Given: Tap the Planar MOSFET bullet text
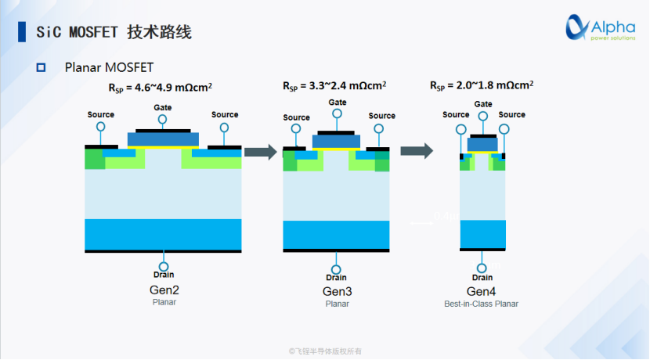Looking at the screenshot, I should [109, 68].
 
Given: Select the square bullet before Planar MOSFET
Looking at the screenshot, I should [42, 68].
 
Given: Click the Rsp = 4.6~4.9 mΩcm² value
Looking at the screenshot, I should [162, 88].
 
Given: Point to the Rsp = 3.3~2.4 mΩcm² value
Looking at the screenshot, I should [334, 85].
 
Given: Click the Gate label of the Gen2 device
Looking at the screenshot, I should [163, 108].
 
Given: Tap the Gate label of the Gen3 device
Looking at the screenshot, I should [338, 103].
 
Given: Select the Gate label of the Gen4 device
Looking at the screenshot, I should [483, 104].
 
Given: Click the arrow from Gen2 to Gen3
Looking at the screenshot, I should [261, 151].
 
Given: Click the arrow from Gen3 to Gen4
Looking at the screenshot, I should [417, 151].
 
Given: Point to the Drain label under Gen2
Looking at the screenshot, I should [164, 275].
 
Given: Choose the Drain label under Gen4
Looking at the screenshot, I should [482, 278].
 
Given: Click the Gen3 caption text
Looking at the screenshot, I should [338, 292].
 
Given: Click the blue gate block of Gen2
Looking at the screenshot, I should [163, 139].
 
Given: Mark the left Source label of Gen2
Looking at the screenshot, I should [100, 115].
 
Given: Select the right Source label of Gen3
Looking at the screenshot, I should [382, 116].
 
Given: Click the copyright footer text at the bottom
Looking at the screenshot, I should [325, 351].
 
